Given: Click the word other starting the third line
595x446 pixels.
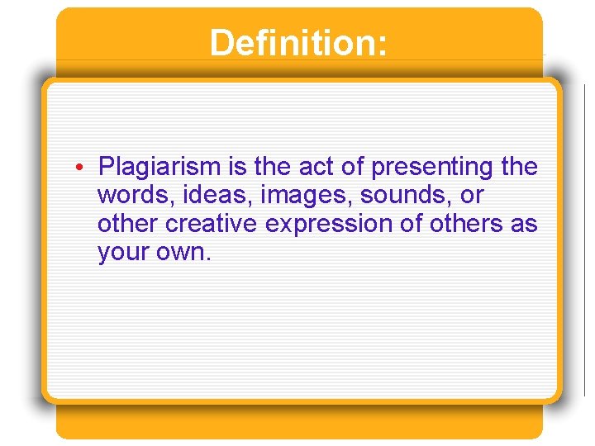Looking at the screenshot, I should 128,224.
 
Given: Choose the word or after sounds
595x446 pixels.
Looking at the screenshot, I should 473,196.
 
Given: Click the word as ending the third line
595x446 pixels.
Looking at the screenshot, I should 523,224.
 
